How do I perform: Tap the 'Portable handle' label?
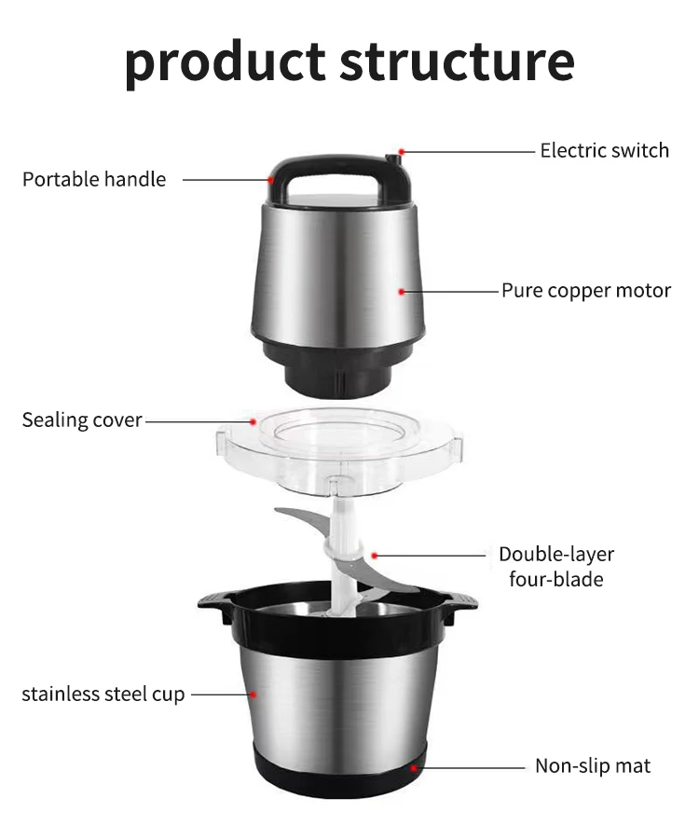click(x=94, y=179)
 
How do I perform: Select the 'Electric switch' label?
click(x=604, y=150)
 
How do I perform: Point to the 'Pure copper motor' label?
click(x=585, y=291)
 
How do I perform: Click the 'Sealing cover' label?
click(x=82, y=419)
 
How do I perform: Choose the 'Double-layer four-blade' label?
click(x=555, y=567)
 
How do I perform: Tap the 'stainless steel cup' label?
click(x=103, y=694)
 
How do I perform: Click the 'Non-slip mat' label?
click(x=592, y=766)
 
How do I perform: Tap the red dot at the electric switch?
click(x=402, y=151)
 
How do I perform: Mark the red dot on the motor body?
click(x=402, y=292)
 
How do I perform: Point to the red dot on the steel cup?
click(x=252, y=694)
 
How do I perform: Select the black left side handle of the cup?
click(x=213, y=608)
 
